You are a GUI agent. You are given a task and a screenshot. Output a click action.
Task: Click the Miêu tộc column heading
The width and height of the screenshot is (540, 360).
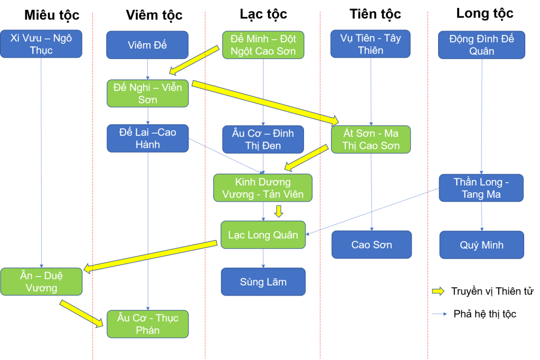[52, 15]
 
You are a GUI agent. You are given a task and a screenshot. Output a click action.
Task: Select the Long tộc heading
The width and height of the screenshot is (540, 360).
[485, 14]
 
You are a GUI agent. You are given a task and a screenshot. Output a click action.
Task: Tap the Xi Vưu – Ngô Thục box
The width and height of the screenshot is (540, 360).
[41, 44]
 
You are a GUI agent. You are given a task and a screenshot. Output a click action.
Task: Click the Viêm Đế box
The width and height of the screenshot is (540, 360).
[147, 45]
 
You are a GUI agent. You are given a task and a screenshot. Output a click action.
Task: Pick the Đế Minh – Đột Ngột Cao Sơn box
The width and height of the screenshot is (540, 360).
[263, 45]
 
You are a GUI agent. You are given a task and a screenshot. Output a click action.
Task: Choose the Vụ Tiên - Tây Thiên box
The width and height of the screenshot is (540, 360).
[371, 44]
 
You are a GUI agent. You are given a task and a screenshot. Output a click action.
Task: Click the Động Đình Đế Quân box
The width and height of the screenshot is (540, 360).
[481, 45]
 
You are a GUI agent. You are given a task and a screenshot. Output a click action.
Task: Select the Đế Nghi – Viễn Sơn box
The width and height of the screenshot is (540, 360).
[148, 93]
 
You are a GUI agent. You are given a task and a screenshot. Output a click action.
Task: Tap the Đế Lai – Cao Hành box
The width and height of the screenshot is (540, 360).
[148, 138]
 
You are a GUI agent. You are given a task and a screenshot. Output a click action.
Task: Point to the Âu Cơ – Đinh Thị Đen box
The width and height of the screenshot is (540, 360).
[263, 139]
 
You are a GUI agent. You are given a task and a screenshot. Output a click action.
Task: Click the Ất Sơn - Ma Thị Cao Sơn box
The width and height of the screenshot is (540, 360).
[371, 139]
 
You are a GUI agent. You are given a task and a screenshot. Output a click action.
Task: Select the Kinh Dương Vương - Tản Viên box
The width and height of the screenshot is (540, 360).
[262, 188]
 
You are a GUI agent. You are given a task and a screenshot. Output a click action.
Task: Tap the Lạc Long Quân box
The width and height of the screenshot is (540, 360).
[263, 235]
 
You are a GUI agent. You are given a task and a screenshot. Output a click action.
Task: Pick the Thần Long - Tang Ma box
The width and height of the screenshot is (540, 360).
[481, 188]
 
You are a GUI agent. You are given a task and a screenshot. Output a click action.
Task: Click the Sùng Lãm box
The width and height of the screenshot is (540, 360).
[263, 282]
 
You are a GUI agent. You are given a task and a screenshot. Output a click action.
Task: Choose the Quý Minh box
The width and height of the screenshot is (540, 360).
[481, 245]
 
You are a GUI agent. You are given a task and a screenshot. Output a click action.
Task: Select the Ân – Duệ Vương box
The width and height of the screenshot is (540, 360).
[42, 281]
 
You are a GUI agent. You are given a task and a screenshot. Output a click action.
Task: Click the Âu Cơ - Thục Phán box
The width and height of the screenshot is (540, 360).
[148, 324]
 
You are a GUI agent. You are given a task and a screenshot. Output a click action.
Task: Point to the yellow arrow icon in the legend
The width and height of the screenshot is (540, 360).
[438, 291]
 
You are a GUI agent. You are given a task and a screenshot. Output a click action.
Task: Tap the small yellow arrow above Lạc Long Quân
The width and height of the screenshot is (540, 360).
[279, 212]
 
